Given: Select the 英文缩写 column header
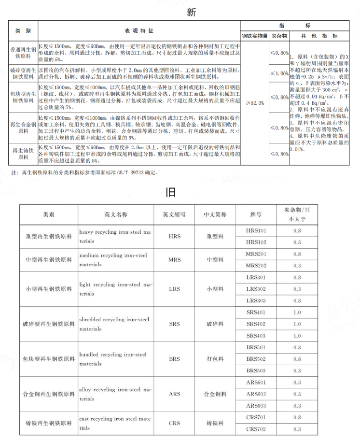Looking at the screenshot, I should (175, 214).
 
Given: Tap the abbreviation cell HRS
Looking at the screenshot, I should (175, 237).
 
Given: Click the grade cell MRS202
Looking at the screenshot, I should (256, 266).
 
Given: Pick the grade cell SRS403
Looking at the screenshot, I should (256, 335).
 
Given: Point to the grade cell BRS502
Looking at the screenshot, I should (256, 359).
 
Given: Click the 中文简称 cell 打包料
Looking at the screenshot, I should (215, 359).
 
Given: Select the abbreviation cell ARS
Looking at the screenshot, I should (175, 394).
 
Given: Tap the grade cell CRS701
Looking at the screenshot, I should (256, 417).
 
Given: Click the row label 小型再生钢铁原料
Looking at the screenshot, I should (49, 289).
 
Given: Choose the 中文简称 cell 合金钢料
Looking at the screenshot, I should (215, 394).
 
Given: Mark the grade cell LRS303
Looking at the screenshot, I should (256, 300).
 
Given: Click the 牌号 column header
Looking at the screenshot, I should (256, 214).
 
